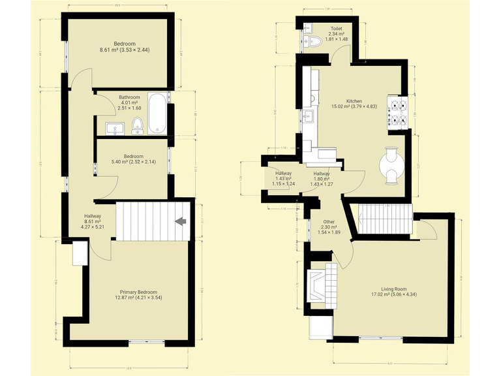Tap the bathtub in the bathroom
157,114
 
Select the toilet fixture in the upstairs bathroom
138,125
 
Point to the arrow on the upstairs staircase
181,221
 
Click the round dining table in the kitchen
392,165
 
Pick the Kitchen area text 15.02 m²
354,107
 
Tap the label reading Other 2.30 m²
325,227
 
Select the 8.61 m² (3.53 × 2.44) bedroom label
125,46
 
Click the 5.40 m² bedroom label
134,159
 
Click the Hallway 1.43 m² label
284,178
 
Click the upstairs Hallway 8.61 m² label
92,221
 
